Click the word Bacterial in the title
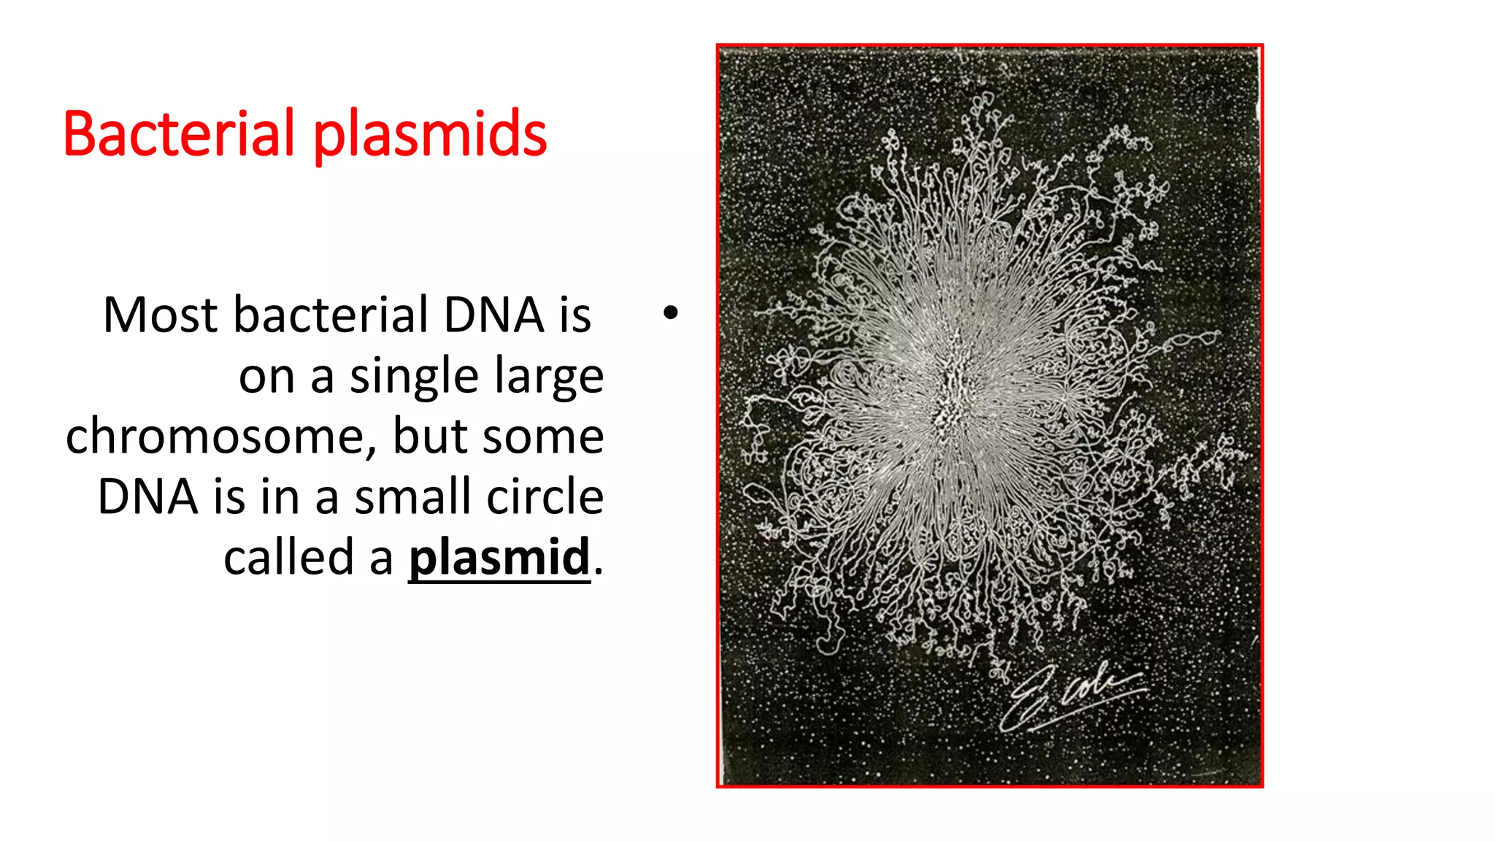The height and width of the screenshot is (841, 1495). point(179,134)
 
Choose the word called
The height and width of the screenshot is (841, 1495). point(289,558)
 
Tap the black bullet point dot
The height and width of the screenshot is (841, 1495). point(671,314)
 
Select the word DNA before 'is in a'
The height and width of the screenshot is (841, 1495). point(148,497)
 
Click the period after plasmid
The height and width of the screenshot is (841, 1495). point(599,572)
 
